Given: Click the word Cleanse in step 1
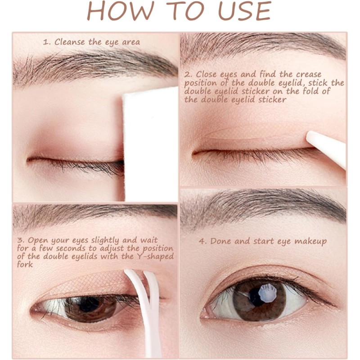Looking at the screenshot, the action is click(70, 42).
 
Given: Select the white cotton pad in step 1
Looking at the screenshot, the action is click(150, 144).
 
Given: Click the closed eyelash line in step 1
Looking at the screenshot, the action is click(76, 163).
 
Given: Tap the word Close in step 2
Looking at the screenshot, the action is click(206, 74).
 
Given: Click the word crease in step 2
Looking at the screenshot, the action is click(309, 75).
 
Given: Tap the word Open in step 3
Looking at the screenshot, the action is click(38, 241).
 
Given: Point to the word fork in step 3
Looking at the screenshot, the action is click(25, 265).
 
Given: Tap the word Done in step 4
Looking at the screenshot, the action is click(220, 241).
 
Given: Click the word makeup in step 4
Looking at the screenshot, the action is click(310, 242).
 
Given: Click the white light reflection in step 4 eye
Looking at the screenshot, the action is click(268, 292).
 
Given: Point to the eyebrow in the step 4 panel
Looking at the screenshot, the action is click(264, 208).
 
